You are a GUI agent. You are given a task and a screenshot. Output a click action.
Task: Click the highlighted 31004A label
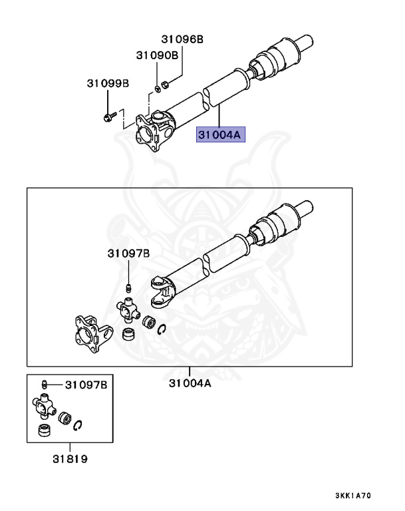point(220,135)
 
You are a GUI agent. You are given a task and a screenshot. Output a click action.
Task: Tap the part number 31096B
point(182,40)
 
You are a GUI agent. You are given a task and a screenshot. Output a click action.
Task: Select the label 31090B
point(158,55)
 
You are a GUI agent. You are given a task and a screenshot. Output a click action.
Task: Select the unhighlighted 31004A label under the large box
point(190,383)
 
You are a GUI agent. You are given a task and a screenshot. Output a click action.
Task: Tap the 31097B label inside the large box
point(129,254)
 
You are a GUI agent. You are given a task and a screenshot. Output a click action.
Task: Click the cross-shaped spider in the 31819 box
point(44,403)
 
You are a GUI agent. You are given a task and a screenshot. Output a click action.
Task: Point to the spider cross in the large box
point(128,309)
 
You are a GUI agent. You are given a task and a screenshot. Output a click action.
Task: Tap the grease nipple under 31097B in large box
point(128,287)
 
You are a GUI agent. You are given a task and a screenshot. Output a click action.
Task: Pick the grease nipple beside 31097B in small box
point(44,384)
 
